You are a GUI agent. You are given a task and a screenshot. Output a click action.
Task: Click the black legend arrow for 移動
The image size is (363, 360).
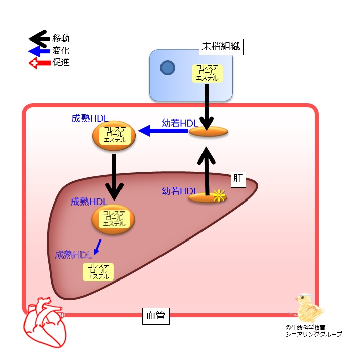[x=39, y=38]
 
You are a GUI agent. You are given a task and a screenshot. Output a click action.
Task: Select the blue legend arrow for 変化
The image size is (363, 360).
[x=39, y=51]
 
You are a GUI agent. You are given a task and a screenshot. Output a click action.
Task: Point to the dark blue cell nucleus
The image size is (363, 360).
[x=167, y=67]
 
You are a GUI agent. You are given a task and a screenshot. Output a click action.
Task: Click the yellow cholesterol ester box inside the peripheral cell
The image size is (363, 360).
[x=206, y=73]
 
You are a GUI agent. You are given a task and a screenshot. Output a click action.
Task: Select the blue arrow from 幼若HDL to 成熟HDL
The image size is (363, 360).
[x=164, y=131]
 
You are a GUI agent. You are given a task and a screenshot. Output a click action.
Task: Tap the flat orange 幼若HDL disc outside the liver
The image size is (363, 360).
[x=209, y=132]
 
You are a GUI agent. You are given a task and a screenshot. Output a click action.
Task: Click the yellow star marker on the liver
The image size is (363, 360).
[x=218, y=196]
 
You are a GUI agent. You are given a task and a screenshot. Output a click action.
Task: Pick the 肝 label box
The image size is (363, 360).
[x=238, y=178]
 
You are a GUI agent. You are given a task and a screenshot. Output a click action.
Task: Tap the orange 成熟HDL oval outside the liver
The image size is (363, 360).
[x=114, y=135]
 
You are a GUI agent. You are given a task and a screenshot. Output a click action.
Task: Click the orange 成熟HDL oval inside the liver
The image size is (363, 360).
[x=113, y=219]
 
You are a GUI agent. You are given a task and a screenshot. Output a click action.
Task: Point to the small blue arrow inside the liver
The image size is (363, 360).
[x=97, y=248]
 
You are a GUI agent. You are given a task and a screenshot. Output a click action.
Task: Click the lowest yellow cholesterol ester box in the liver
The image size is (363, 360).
[x=98, y=271]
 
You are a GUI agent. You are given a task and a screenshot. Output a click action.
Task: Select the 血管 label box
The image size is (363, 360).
[x=155, y=317]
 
